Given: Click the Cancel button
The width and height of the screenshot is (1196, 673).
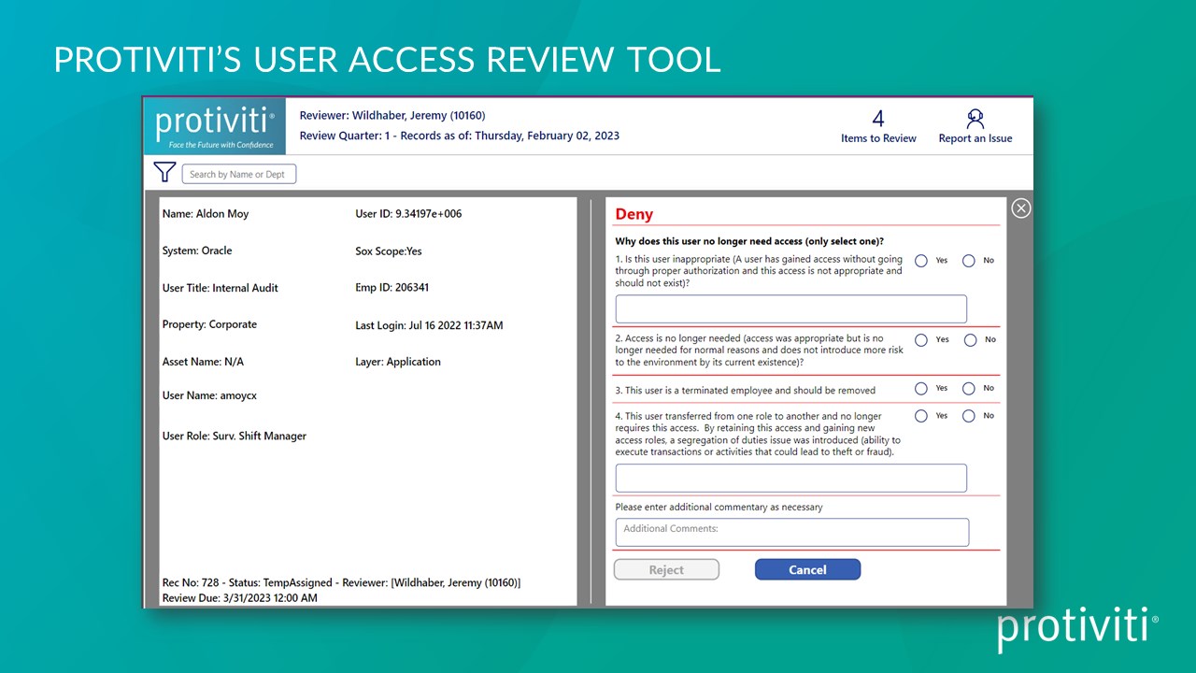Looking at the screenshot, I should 807,569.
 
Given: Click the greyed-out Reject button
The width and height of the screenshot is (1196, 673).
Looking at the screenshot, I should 666,569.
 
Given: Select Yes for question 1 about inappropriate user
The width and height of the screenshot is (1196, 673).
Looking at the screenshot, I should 921,261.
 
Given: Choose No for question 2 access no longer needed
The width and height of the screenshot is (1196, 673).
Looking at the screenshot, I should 970,340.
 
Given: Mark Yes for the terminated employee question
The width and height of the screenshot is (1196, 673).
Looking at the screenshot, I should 921,389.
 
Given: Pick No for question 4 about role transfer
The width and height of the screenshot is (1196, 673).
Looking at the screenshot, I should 969,416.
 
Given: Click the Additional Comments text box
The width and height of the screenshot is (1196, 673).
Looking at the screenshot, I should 791,532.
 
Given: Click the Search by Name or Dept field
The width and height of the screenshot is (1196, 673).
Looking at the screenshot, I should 238,174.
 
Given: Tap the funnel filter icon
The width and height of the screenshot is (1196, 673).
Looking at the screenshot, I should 164,172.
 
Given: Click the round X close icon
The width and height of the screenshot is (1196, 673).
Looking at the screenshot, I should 1021,208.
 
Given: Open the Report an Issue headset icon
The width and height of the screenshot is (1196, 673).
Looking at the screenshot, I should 975,119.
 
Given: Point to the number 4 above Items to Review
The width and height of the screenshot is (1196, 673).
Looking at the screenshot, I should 878,119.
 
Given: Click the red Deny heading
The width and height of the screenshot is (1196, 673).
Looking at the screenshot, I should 634,214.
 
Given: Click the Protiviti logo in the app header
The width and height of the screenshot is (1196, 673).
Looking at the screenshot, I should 215,125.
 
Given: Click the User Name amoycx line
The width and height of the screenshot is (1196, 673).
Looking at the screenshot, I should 209,395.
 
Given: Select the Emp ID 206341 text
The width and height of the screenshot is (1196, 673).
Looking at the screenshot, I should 392,287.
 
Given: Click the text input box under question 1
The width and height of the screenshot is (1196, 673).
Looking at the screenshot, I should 790,309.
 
